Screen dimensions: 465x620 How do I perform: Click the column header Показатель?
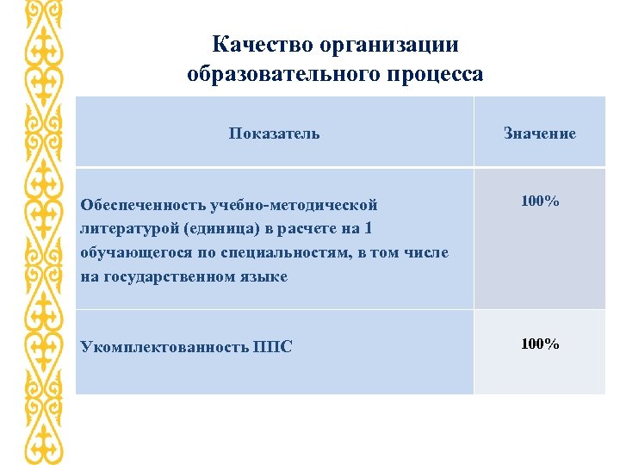274,133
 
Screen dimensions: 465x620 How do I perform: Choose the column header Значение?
540,133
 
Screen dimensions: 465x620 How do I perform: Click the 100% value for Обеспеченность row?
540,201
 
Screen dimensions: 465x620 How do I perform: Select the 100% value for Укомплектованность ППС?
540,344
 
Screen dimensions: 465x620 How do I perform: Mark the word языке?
263,276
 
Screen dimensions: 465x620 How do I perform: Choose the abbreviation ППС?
273,347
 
